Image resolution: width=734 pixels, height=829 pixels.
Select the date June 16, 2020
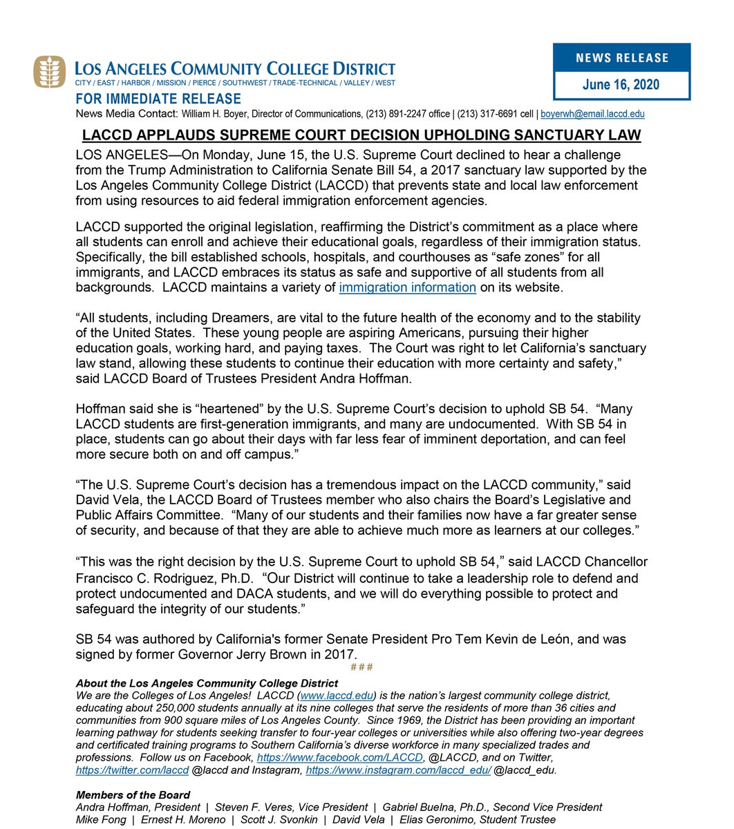point(621,85)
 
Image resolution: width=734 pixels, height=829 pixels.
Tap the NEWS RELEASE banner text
point(621,57)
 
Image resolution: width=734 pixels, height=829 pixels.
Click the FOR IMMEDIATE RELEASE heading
point(158,99)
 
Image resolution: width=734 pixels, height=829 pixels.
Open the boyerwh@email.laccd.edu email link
point(592,113)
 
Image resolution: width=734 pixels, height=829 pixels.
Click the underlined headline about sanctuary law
point(361,135)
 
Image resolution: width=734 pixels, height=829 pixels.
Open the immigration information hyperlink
point(407,287)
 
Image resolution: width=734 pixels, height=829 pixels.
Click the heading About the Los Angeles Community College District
point(197,683)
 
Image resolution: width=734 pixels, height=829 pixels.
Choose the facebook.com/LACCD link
point(339,757)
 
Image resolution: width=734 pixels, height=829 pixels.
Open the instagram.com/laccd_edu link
point(398,770)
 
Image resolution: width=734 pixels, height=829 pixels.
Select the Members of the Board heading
point(133,795)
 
